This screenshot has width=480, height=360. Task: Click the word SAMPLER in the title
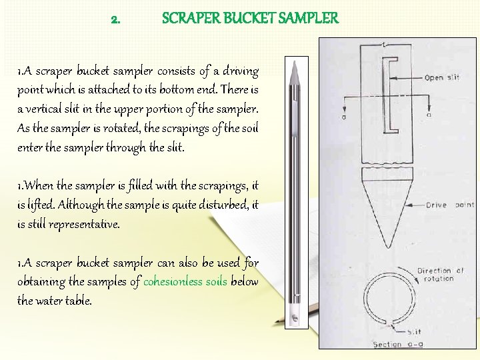[306, 18]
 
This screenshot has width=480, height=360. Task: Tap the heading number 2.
[116, 19]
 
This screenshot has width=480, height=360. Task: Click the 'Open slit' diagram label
[442, 78]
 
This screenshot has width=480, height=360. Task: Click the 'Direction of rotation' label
[440, 274]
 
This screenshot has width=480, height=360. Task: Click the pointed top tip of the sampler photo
[294, 62]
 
